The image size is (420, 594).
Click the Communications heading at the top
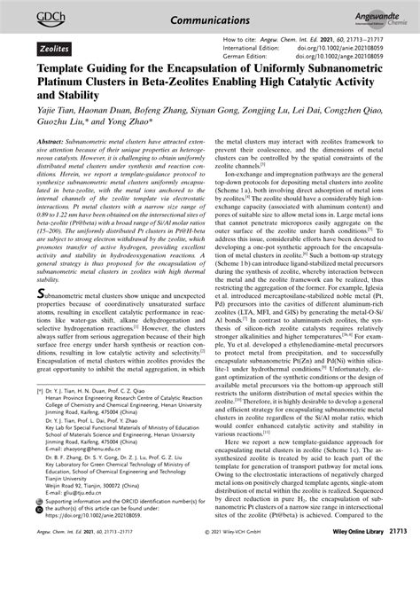click(x=209, y=15)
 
